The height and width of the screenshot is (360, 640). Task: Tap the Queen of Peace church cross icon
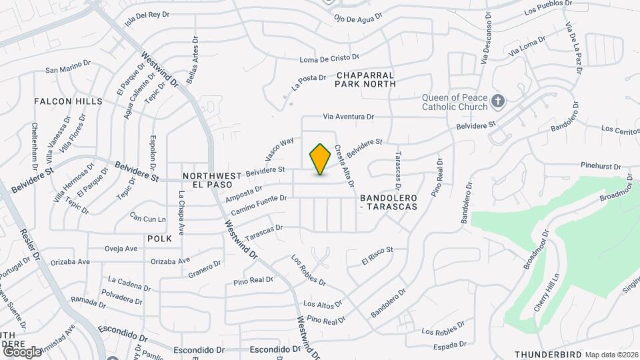click(497, 101)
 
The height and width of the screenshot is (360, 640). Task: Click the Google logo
click(22, 351)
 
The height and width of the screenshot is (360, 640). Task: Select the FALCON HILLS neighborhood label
click(69, 101)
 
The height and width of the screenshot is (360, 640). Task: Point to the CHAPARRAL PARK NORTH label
click(365, 80)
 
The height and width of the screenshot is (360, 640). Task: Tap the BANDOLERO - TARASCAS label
click(388, 203)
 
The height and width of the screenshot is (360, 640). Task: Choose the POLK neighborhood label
click(159, 238)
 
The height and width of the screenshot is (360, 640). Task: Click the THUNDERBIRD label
click(549, 354)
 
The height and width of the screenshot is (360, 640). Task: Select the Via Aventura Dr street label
click(348, 117)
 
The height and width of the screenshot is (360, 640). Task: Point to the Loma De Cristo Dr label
click(329, 59)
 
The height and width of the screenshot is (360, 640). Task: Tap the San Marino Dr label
click(67, 67)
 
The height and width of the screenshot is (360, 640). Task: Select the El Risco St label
click(378, 255)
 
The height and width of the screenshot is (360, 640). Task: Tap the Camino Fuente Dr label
click(259, 205)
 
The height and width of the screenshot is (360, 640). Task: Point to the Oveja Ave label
click(121, 249)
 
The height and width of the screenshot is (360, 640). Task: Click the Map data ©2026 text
click(611, 354)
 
